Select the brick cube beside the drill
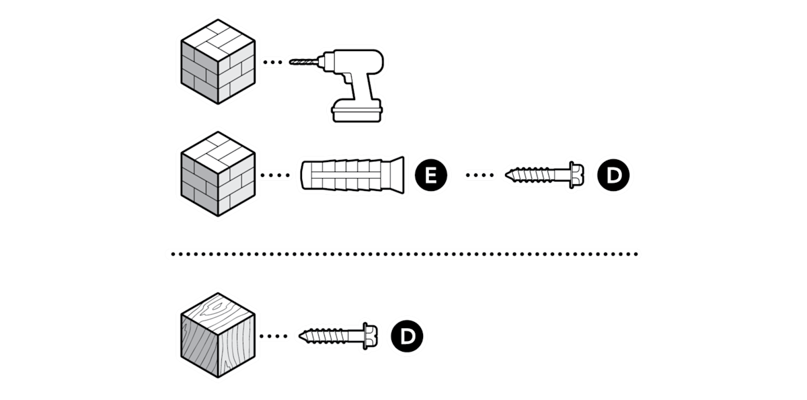(218, 62)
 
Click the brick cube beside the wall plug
(218, 174)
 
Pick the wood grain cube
(218, 335)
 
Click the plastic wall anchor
(352, 175)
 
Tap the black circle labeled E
(431, 175)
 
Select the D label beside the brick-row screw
(613, 175)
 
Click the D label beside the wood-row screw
(407, 336)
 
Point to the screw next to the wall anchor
(544, 175)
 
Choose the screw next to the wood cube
(338, 336)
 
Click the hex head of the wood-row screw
(371, 336)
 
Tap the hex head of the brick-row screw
(577, 175)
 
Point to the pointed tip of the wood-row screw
(299, 336)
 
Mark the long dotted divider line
(405, 254)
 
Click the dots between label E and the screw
(480, 175)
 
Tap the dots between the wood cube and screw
(274, 336)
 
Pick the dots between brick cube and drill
(273, 63)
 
